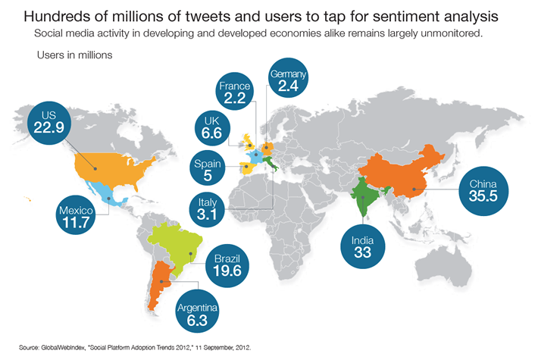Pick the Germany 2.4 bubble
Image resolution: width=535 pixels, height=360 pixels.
point(289,82)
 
